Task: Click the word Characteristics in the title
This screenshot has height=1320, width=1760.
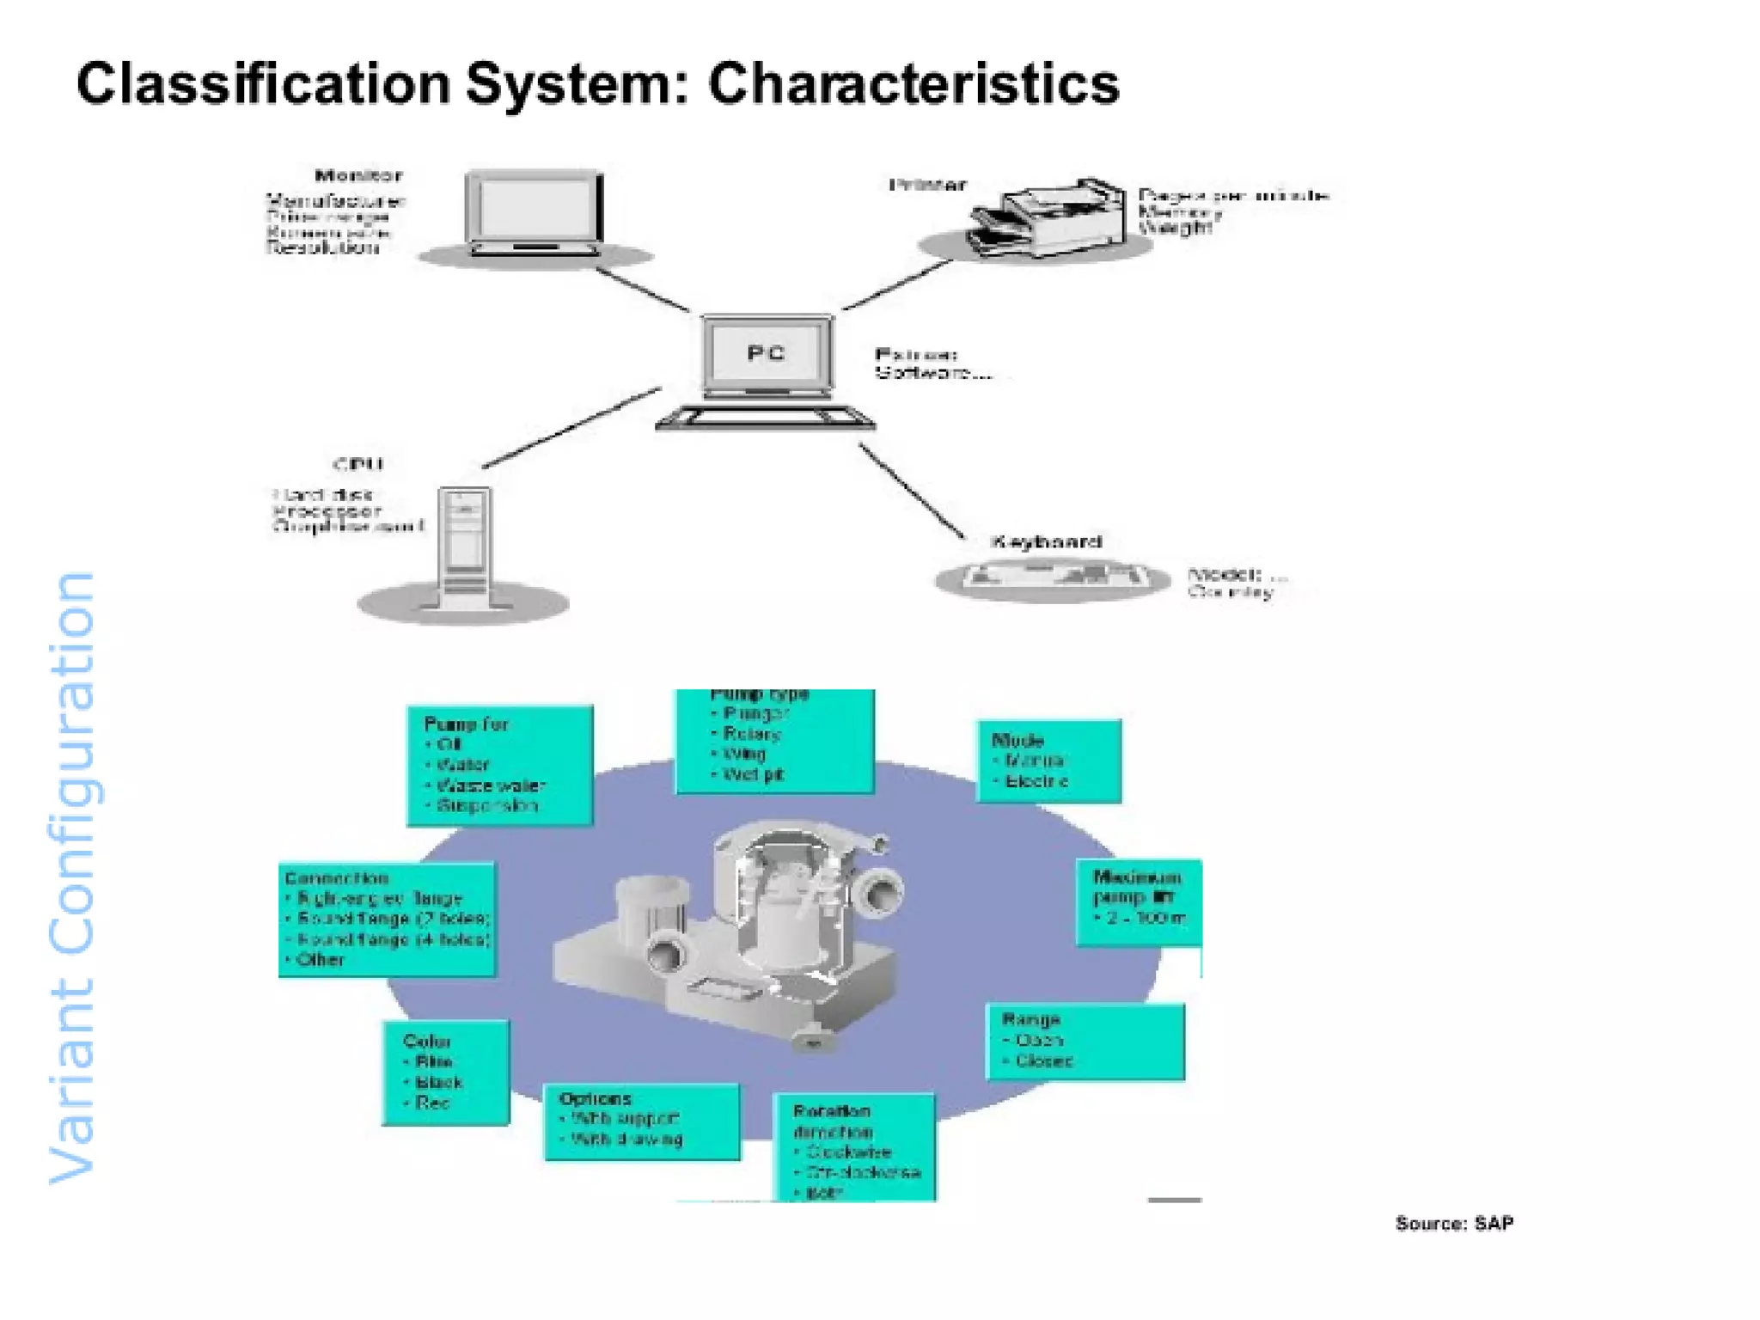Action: (913, 84)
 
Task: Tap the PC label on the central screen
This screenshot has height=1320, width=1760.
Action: (765, 353)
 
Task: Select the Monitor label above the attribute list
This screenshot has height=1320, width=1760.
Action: (358, 176)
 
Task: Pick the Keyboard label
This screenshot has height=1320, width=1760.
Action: (1045, 541)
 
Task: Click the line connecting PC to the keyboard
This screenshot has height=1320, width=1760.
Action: (911, 491)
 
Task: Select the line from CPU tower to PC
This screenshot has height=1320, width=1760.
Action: (571, 428)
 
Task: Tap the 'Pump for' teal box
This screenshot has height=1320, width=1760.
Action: (499, 765)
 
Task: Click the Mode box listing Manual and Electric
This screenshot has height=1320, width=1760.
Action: (1048, 761)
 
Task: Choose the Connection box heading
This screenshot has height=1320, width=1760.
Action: (337, 878)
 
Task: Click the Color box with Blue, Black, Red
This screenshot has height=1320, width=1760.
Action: (445, 1072)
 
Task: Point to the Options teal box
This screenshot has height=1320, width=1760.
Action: (641, 1121)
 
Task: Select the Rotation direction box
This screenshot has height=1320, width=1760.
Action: (854, 1146)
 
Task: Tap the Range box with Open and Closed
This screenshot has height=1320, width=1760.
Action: (1085, 1041)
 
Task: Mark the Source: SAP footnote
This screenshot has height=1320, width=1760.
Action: (1453, 1223)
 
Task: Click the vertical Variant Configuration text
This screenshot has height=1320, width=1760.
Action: (72, 877)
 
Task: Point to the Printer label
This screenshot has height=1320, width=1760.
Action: (927, 185)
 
